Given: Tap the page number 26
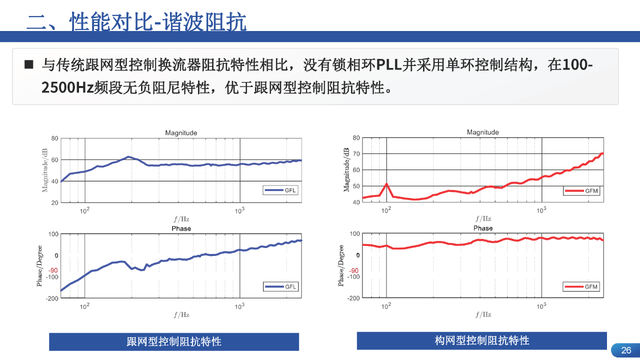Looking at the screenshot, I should [x=626, y=350].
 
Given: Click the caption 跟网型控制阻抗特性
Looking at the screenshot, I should [x=174, y=342].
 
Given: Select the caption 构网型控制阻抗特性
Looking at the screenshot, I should [x=482, y=341].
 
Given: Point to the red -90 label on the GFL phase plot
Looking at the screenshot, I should [x=53, y=270].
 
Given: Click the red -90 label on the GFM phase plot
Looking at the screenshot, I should [x=354, y=270].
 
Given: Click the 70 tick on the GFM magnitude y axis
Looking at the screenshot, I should [x=356, y=154].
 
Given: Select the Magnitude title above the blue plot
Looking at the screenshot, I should [x=181, y=133].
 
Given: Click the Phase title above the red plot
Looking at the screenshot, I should [x=483, y=228].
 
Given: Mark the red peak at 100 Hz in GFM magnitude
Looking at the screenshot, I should [x=386, y=184].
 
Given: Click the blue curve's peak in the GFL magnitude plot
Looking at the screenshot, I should [x=128, y=157].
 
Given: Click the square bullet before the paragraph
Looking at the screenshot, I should [x=29, y=64].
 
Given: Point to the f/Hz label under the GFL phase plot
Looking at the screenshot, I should [x=181, y=315].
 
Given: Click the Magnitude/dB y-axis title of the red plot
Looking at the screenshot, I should [x=346, y=170].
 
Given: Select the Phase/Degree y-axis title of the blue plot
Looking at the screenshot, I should [x=40, y=265].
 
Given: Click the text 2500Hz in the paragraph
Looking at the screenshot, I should [x=67, y=88].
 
